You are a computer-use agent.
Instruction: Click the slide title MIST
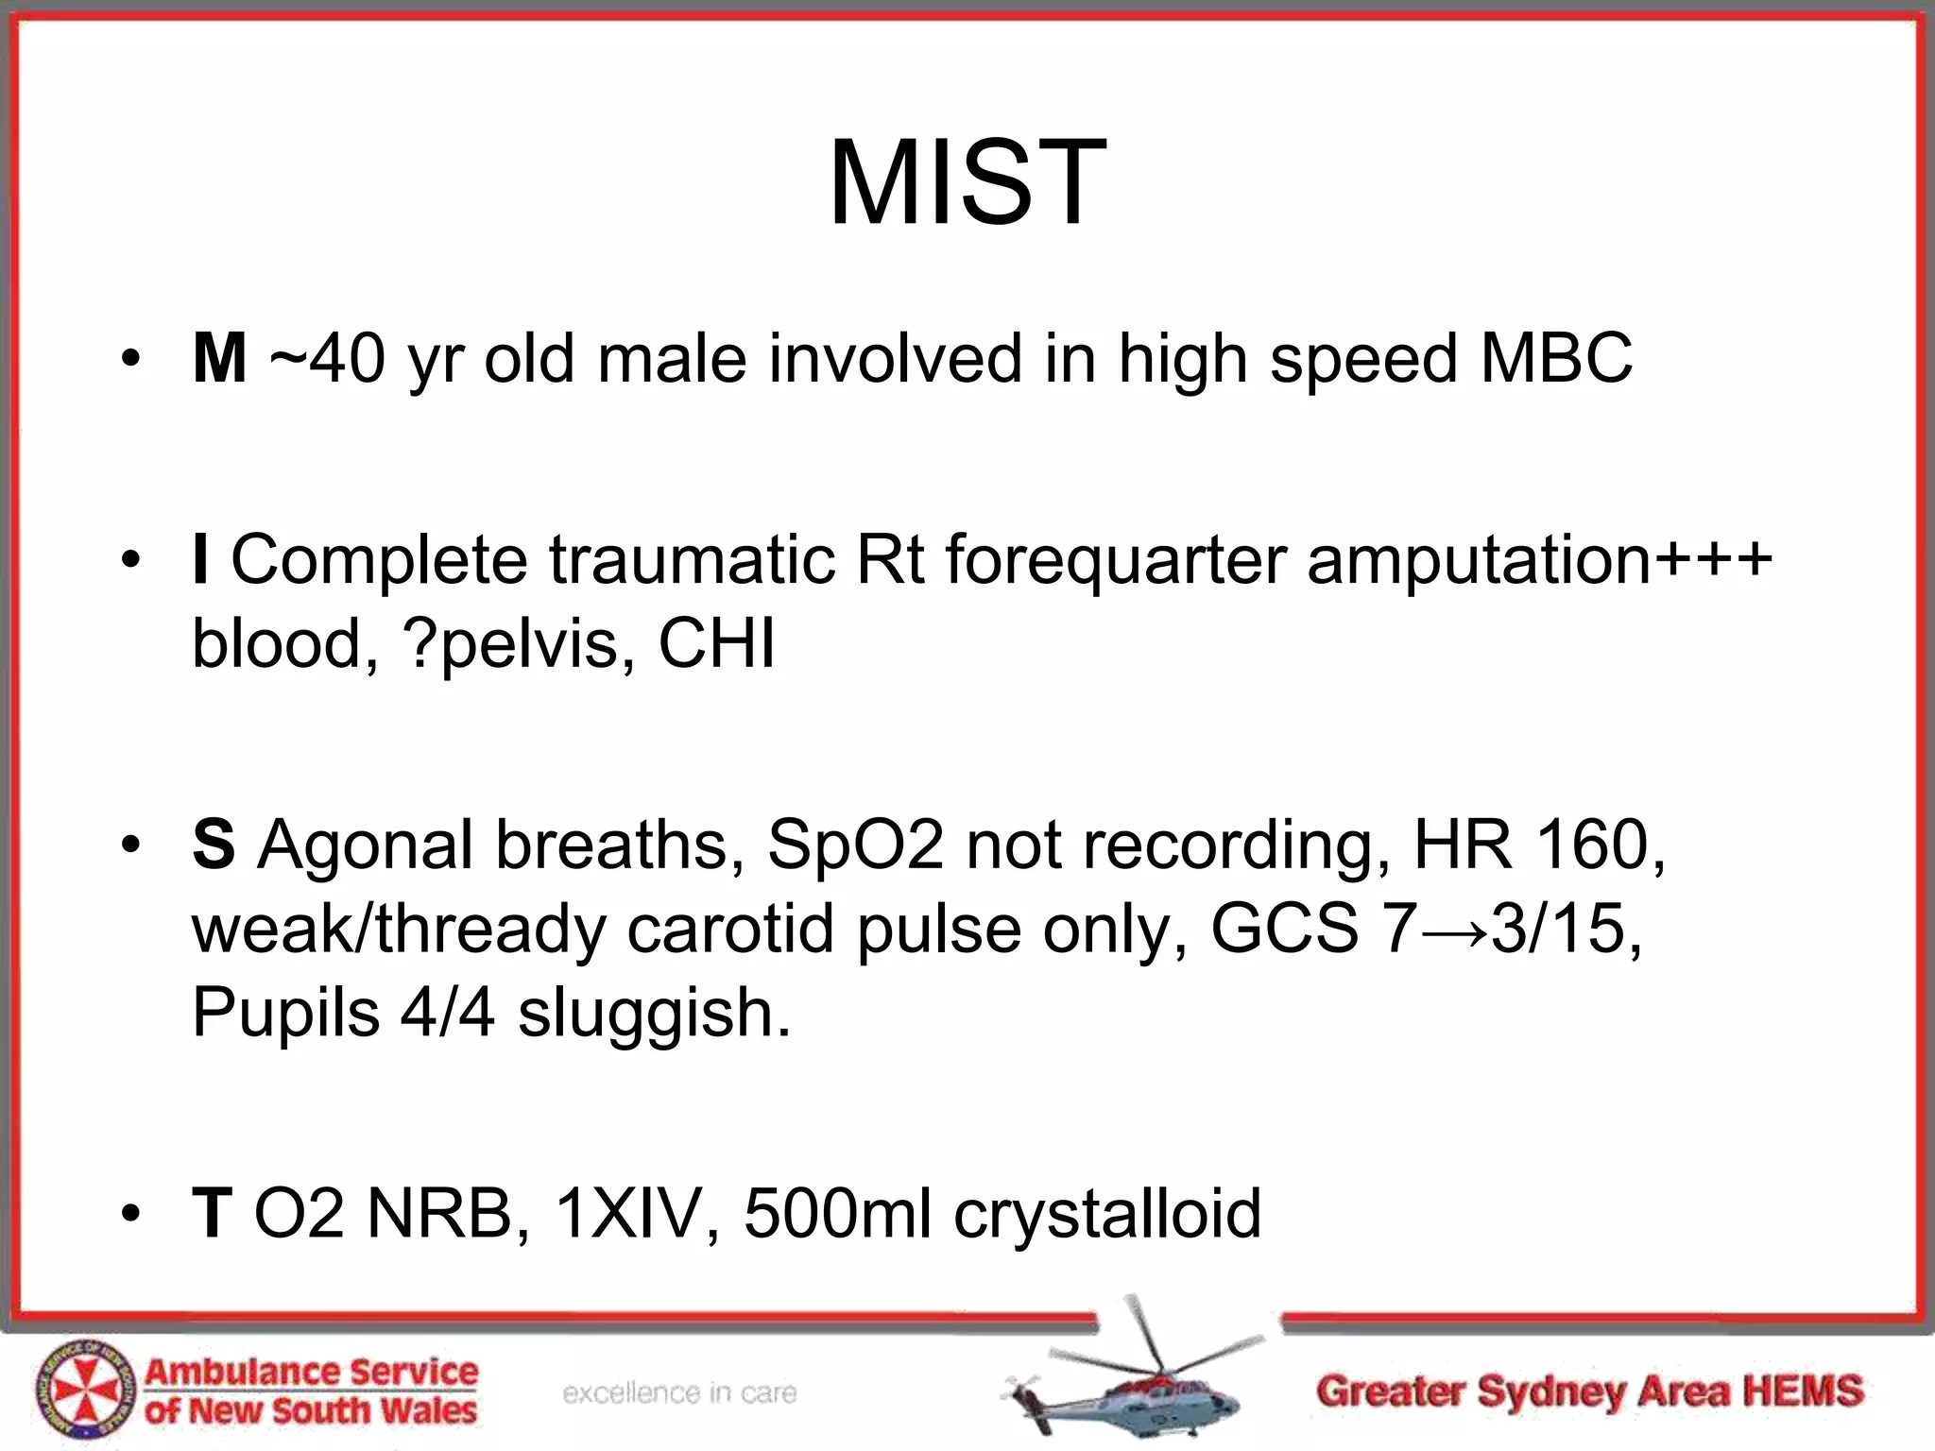pyautogui.click(x=967, y=183)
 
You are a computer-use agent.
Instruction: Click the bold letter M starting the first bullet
pyautogui.click(x=219, y=359)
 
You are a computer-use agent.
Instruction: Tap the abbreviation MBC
pyautogui.click(x=1556, y=359)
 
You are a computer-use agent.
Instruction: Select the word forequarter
pyautogui.click(x=1116, y=559)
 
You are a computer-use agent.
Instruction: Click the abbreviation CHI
pyautogui.click(x=716, y=643)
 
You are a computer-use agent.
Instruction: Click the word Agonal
pyautogui.click(x=366, y=845)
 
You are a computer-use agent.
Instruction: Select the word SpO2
pyautogui.click(x=855, y=845)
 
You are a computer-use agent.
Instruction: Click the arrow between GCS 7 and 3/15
pyautogui.click(x=1454, y=930)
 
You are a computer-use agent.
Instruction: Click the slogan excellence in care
pyautogui.click(x=679, y=1392)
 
